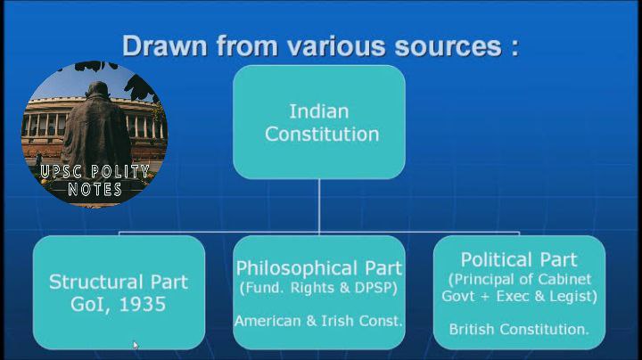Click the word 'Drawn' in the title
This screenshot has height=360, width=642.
[165, 45]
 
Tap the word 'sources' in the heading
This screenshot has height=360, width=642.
[449, 45]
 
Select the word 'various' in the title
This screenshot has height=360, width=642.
[336, 45]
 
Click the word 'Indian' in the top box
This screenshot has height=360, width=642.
[319, 111]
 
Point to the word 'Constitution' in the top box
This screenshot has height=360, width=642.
[322, 135]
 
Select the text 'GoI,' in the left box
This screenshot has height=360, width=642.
[90, 305]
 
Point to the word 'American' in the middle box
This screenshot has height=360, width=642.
[267, 321]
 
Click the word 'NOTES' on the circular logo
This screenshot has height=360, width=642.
[95, 189]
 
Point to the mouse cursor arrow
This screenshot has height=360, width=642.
[136, 345]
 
